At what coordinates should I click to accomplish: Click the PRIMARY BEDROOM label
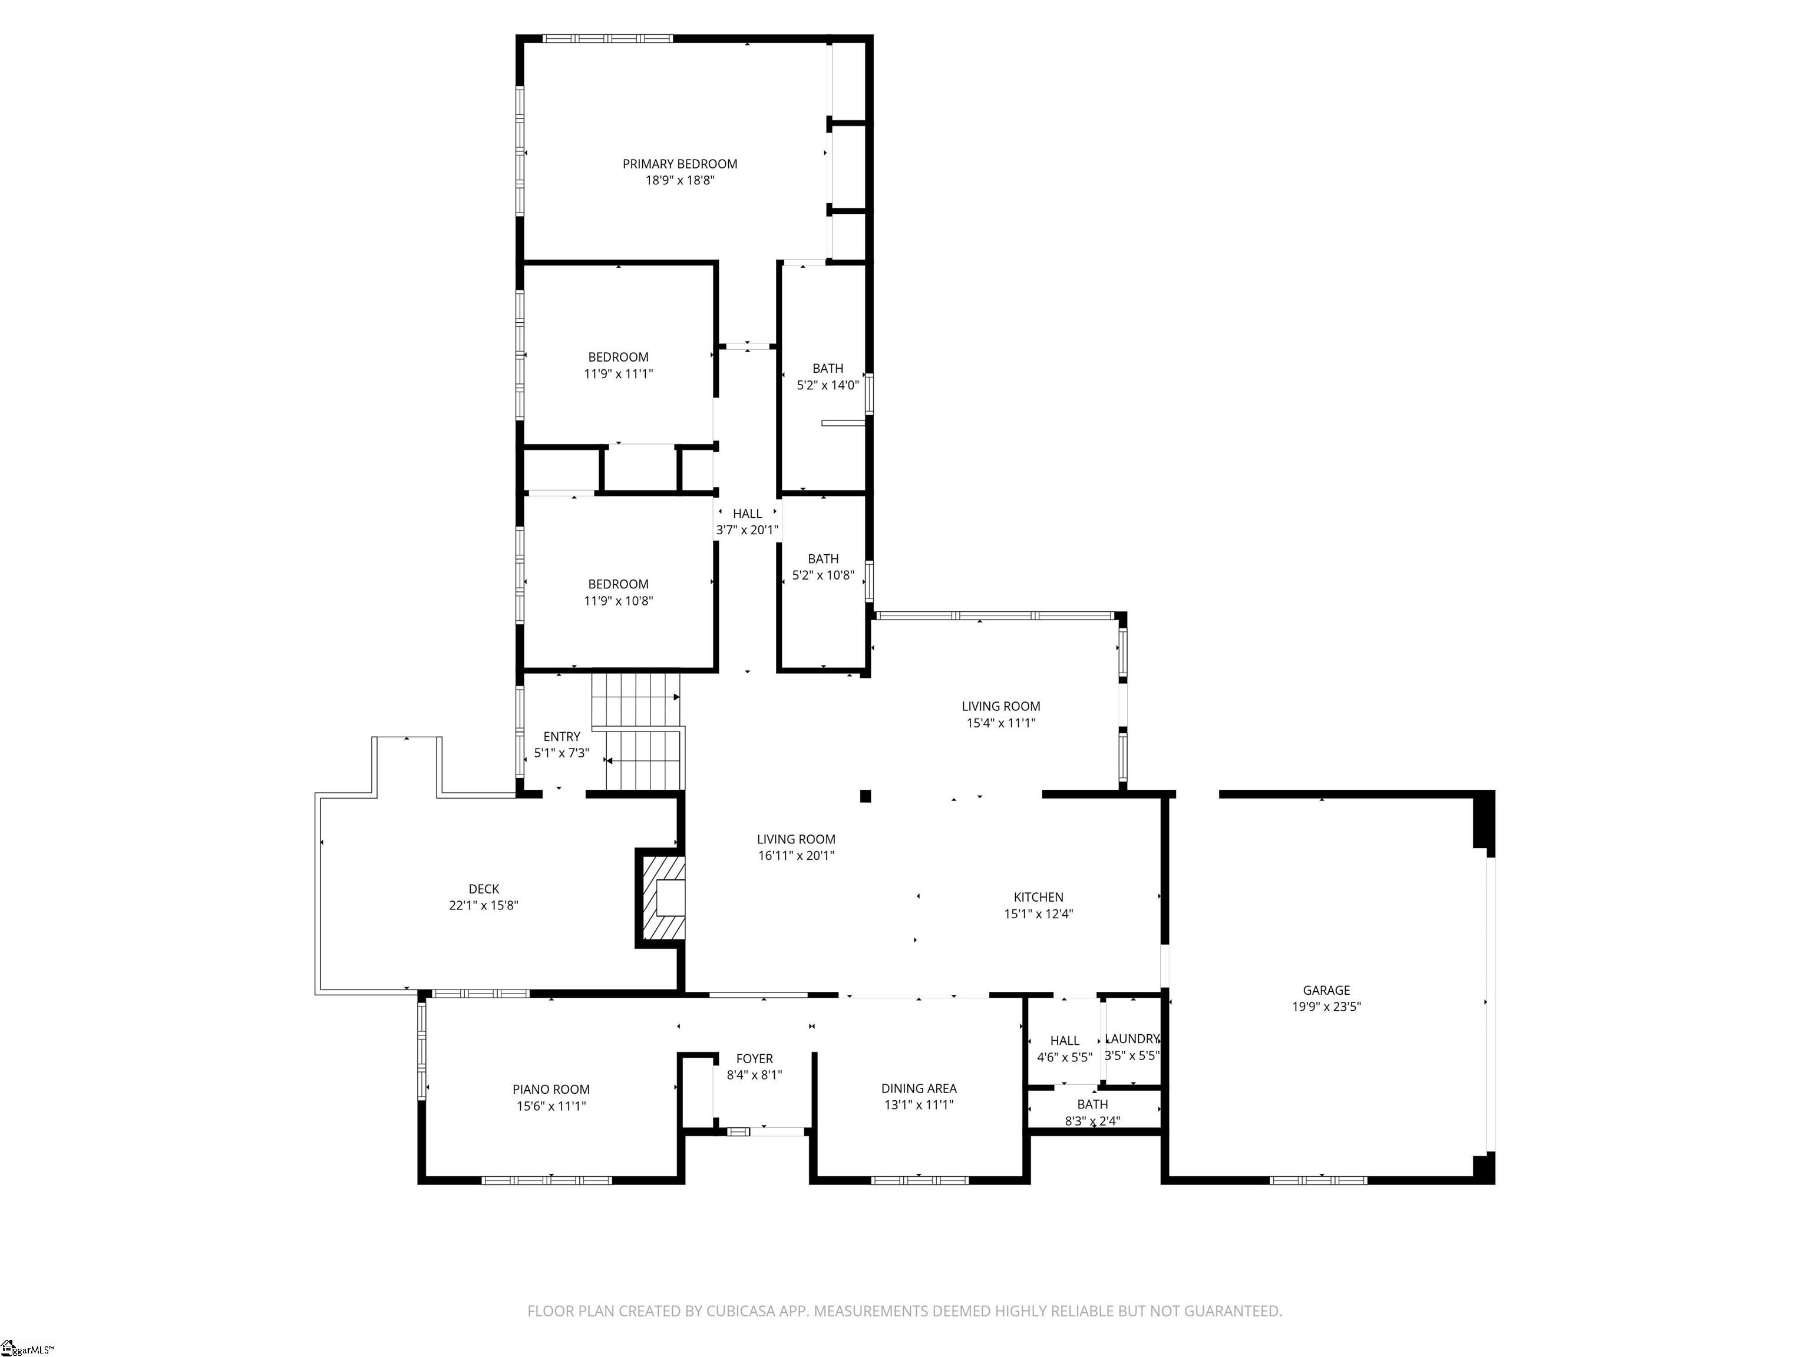pos(679,164)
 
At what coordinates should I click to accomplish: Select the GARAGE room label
pos(1326,989)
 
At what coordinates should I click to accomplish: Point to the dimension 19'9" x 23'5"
pos(1326,1007)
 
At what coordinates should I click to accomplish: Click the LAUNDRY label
pos(1132,1039)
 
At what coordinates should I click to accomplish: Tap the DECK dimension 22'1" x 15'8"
pos(484,905)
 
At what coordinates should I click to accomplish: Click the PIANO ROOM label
pos(551,1088)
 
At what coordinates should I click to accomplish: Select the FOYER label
pos(754,1058)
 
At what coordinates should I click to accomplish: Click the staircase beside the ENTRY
pos(638,732)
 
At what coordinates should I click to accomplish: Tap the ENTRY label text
pos(562,736)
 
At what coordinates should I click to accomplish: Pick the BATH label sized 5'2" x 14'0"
pos(827,368)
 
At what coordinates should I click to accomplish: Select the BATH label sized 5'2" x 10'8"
pos(823,559)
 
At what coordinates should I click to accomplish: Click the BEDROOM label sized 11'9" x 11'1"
pos(618,357)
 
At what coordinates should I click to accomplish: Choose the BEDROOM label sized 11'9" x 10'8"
pos(618,584)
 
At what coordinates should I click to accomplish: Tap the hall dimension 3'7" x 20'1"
pos(747,530)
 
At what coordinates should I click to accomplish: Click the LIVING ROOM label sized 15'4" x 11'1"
pos(1000,706)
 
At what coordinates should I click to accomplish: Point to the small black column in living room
pos(865,796)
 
